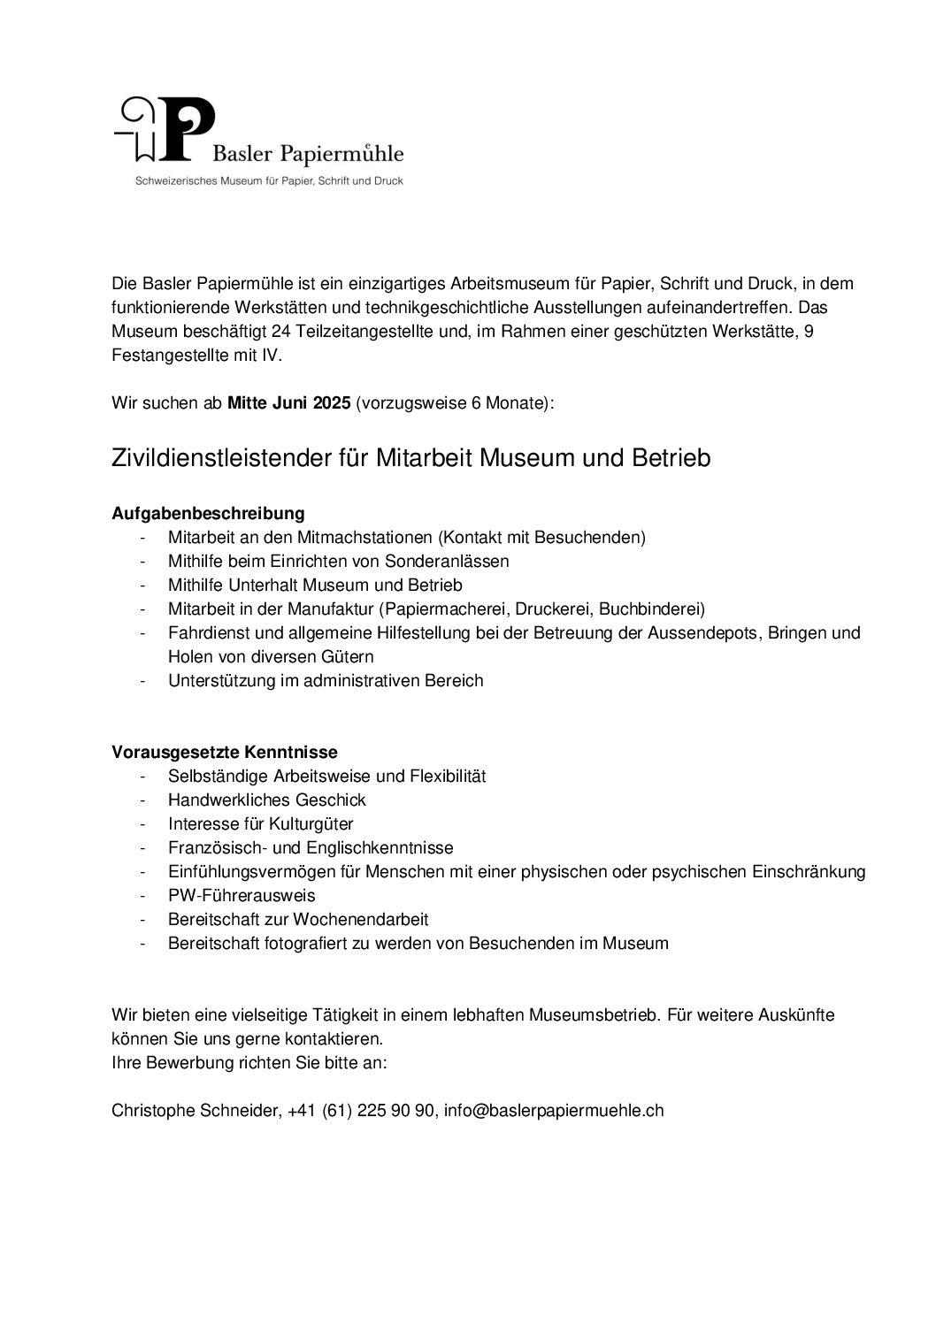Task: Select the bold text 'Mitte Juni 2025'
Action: pyautogui.click(x=289, y=403)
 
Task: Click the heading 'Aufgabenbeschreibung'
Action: pyautogui.click(x=208, y=513)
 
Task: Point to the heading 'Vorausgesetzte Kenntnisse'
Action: pyautogui.click(x=225, y=752)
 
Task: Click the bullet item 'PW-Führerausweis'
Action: pyautogui.click(x=242, y=895)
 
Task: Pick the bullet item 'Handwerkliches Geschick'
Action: pyautogui.click(x=266, y=800)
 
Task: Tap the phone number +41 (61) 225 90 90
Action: pyautogui.click(x=362, y=1110)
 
